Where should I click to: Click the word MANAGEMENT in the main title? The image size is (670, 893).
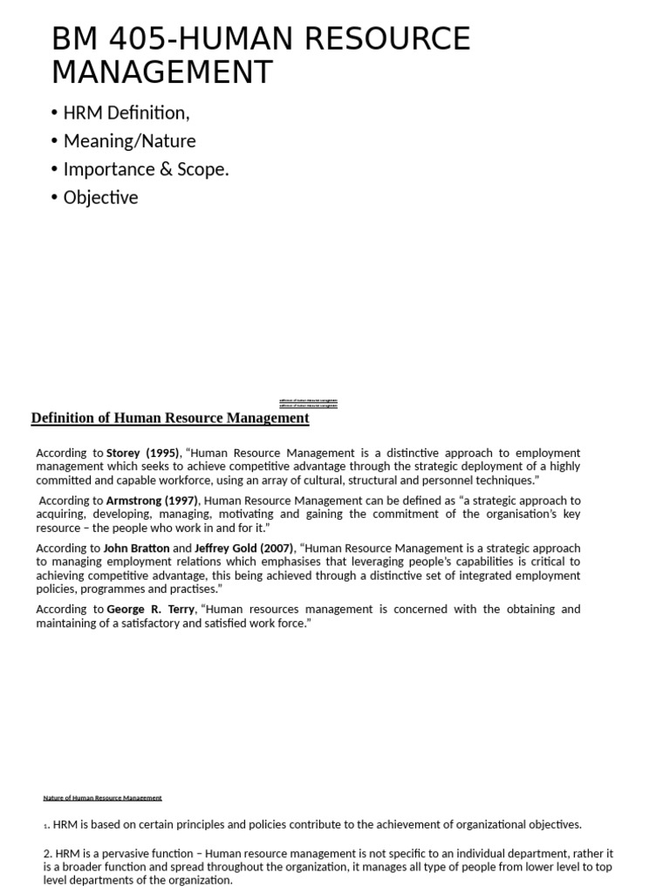pos(162,72)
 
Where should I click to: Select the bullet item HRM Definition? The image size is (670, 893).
pos(126,112)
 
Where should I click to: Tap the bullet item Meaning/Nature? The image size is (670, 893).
pos(129,141)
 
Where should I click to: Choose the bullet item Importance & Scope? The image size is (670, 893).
pos(146,169)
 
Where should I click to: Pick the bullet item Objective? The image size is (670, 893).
pos(100,198)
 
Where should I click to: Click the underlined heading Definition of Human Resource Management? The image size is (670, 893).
pos(170,418)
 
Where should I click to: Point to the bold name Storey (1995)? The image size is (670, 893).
pos(142,453)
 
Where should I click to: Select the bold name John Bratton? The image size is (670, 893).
pos(137,549)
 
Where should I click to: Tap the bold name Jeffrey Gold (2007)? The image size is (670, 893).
pos(244,549)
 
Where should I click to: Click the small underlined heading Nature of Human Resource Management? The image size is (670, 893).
pos(102,798)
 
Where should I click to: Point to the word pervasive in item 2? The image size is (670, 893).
pos(116,854)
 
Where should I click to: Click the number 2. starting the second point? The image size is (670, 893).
pos(48,854)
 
